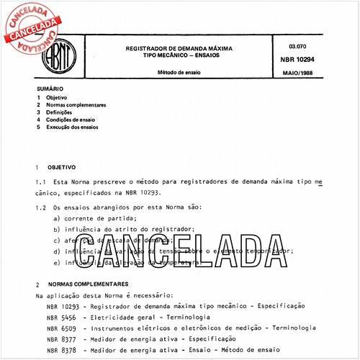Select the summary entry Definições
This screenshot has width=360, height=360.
point(60,112)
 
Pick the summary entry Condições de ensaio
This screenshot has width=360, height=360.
point(71,120)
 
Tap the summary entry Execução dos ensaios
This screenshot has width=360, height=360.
point(72,127)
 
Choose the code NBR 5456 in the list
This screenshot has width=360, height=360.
point(58,318)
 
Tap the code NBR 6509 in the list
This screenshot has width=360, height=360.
point(58,328)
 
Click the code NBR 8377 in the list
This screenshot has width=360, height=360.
point(58,338)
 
